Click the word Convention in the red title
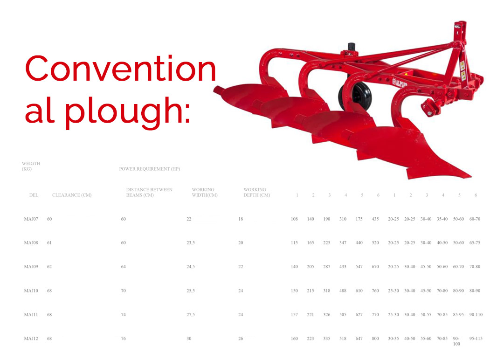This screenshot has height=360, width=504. click(121, 69)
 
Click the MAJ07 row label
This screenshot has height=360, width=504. click(31, 219)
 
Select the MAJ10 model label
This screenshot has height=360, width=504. click(31, 291)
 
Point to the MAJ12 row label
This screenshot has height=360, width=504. click(31, 339)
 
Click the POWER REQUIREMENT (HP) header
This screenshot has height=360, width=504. click(150, 169)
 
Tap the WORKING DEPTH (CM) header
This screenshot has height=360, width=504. click(256, 192)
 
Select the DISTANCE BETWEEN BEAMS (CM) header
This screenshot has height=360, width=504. click(149, 192)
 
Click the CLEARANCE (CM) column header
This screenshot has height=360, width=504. click(72, 195)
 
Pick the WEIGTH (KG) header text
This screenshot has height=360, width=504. click(31, 166)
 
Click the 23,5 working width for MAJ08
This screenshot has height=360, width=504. click(191, 242)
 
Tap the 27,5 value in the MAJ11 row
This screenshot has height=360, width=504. click(191, 314)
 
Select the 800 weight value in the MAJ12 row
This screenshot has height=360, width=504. click(375, 339)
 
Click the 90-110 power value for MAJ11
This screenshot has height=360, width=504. click(476, 314)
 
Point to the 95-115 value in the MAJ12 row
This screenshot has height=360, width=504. click(476, 339)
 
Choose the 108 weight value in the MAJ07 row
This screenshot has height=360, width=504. click(294, 219)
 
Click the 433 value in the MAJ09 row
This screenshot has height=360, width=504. click(343, 266)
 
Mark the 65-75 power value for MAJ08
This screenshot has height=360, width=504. click(475, 242)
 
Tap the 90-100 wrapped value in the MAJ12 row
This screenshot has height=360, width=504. click(456, 341)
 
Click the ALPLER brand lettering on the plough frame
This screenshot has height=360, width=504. click(400, 84)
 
